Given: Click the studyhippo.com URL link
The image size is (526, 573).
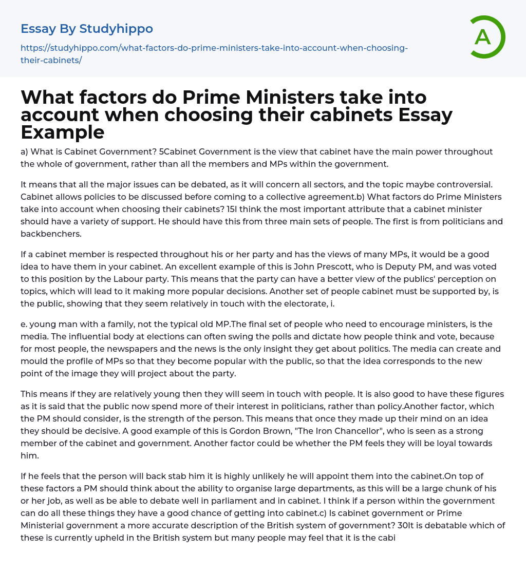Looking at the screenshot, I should pyautogui.click(x=214, y=54).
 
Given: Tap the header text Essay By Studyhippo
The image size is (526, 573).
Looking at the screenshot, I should pyautogui.click(x=87, y=28).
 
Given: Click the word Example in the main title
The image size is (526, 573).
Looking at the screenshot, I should pyautogui.click(x=63, y=132).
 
